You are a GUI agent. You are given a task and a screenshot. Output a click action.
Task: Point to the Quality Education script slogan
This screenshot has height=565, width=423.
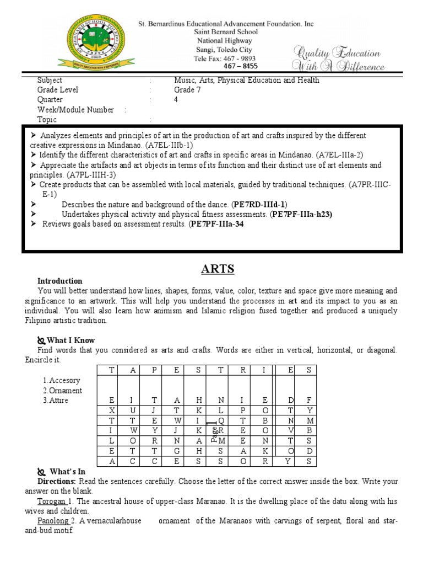[x=339, y=60]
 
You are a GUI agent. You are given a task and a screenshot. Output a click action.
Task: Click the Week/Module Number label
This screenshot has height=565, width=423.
[x=75, y=110]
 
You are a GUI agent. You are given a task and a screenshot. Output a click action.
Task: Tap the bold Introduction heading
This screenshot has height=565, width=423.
[x=59, y=281]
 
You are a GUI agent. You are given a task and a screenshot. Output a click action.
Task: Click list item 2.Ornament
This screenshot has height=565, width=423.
[x=62, y=391]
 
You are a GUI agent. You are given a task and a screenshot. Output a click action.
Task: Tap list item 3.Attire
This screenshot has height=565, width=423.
[x=56, y=401]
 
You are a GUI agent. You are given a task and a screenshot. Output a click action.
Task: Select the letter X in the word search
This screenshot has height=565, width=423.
[x=112, y=411]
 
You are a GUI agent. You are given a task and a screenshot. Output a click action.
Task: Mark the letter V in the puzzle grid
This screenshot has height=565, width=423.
[x=290, y=430]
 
